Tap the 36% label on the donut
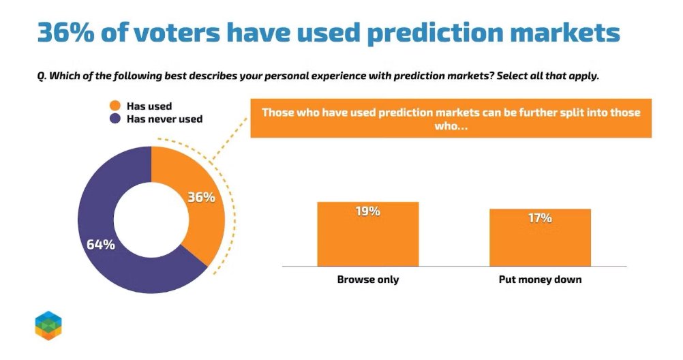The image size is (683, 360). (201, 198)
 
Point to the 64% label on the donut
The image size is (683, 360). (100, 244)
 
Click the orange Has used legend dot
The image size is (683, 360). (115, 106)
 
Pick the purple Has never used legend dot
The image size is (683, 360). (115, 119)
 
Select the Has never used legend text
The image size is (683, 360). (164, 119)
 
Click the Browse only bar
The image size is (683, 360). (367, 239)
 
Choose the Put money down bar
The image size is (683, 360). (539, 242)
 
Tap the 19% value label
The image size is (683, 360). (367, 211)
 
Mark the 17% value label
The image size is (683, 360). (539, 218)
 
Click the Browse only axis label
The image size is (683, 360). (367, 280)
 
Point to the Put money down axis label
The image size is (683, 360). (539, 280)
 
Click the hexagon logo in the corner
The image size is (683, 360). (48, 325)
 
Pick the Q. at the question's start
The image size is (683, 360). (42, 76)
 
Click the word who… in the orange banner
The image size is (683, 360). (451, 126)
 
